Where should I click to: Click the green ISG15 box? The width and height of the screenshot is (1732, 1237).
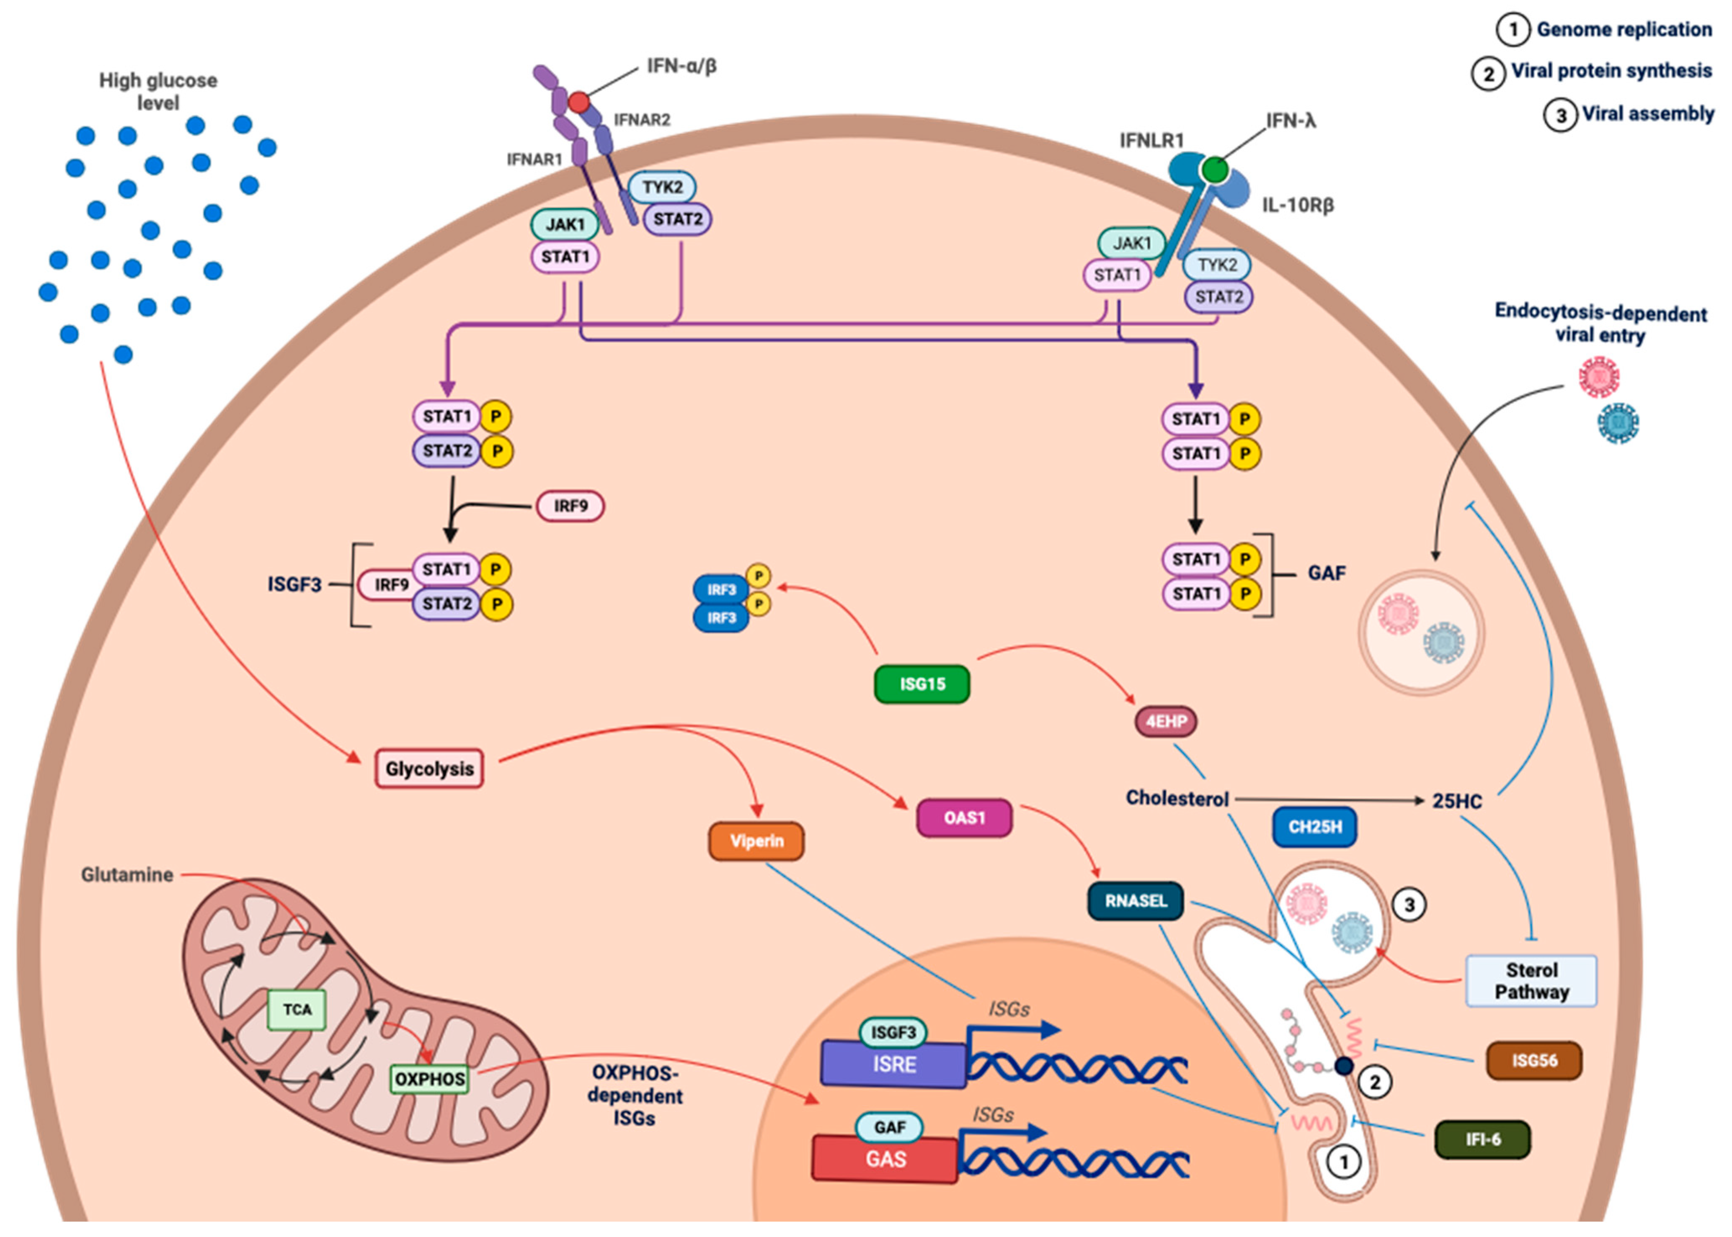(x=922, y=684)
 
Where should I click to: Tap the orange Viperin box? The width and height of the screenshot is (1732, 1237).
(x=756, y=841)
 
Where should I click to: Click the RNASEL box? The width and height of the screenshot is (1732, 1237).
(x=1136, y=901)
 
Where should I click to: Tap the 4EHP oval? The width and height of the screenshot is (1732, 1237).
(x=1166, y=721)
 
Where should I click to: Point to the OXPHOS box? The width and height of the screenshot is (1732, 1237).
(x=430, y=1079)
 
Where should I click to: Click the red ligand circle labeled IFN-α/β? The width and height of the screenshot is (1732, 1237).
(x=579, y=102)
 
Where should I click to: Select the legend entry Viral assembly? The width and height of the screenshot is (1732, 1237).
(x=1647, y=114)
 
